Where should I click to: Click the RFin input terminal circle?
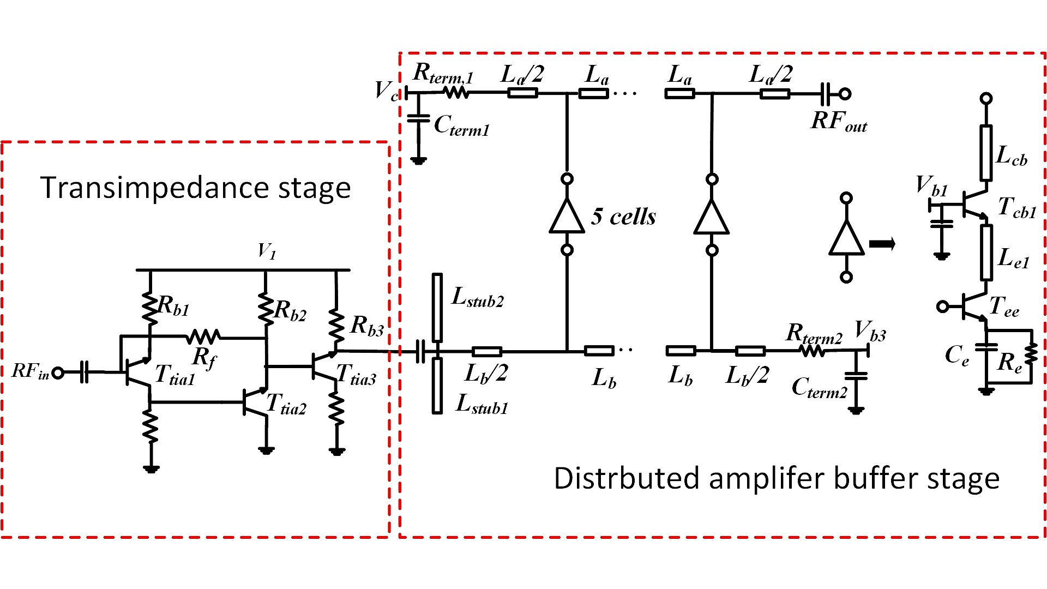point(58,373)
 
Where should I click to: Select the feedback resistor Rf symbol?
point(203,337)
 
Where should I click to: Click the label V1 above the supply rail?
point(267,251)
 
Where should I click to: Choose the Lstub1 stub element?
point(437,385)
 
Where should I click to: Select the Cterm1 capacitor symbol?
point(419,118)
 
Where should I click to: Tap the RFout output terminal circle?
point(845,94)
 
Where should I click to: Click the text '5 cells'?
point(623,217)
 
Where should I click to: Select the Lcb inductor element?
point(986,153)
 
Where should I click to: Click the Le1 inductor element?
point(986,252)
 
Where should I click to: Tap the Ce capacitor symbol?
point(986,346)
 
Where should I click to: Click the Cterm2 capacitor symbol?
point(856,376)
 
